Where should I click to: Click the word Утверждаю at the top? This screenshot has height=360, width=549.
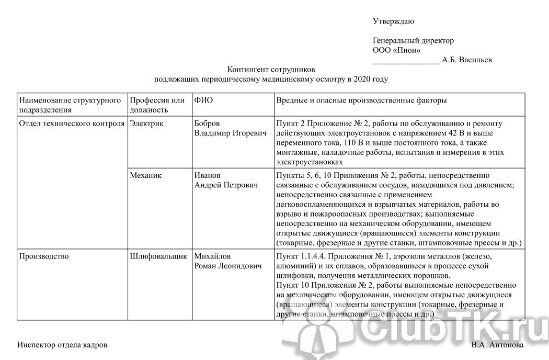(x=393, y=21)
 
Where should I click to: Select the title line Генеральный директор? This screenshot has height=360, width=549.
(x=413, y=41)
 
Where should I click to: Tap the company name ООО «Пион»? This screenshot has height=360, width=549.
(x=397, y=50)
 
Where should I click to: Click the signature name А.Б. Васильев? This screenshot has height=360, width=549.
(x=466, y=60)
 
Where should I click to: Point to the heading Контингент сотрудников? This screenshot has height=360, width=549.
(x=271, y=70)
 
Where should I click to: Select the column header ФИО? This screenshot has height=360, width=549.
(x=203, y=100)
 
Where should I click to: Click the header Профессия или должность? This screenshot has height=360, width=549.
(x=157, y=105)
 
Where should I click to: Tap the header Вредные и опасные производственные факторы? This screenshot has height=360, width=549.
(x=361, y=100)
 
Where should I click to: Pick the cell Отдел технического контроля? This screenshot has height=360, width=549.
(x=71, y=123)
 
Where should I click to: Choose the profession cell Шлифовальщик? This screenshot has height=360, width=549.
(x=158, y=256)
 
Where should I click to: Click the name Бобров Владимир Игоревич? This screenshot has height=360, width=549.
(x=226, y=128)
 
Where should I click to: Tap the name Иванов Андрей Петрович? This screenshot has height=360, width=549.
(x=226, y=180)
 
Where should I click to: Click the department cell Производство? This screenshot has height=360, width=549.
(x=43, y=256)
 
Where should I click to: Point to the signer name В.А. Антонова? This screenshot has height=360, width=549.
(x=497, y=345)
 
